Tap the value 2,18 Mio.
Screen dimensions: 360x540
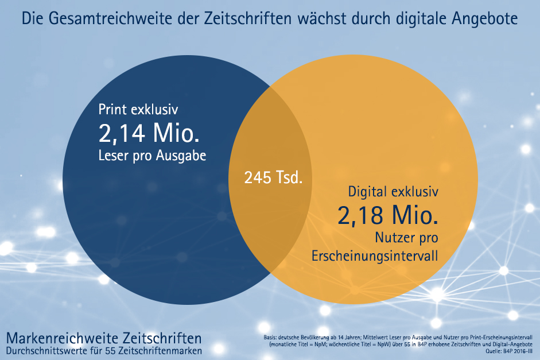click(x=389, y=215)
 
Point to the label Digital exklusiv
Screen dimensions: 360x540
click(x=393, y=191)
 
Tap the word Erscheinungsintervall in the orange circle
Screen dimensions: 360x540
click(x=375, y=256)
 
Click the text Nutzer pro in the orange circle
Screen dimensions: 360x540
click(x=407, y=237)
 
